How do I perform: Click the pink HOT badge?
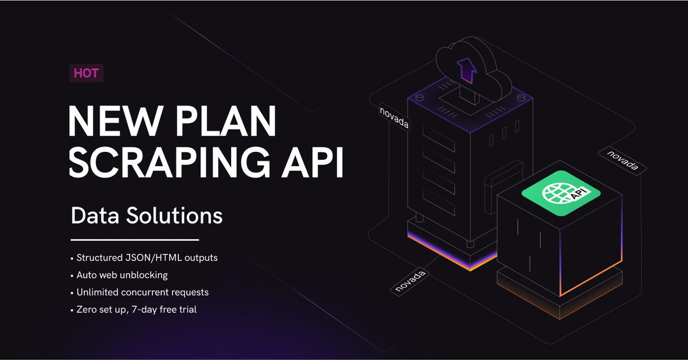click(86, 73)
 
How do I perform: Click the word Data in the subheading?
click(92, 216)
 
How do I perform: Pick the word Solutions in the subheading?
click(171, 216)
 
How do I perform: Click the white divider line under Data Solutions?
click(135, 240)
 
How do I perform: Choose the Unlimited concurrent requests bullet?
click(142, 292)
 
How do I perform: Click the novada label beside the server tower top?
click(394, 116)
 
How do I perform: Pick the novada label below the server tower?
click(409, 279)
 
